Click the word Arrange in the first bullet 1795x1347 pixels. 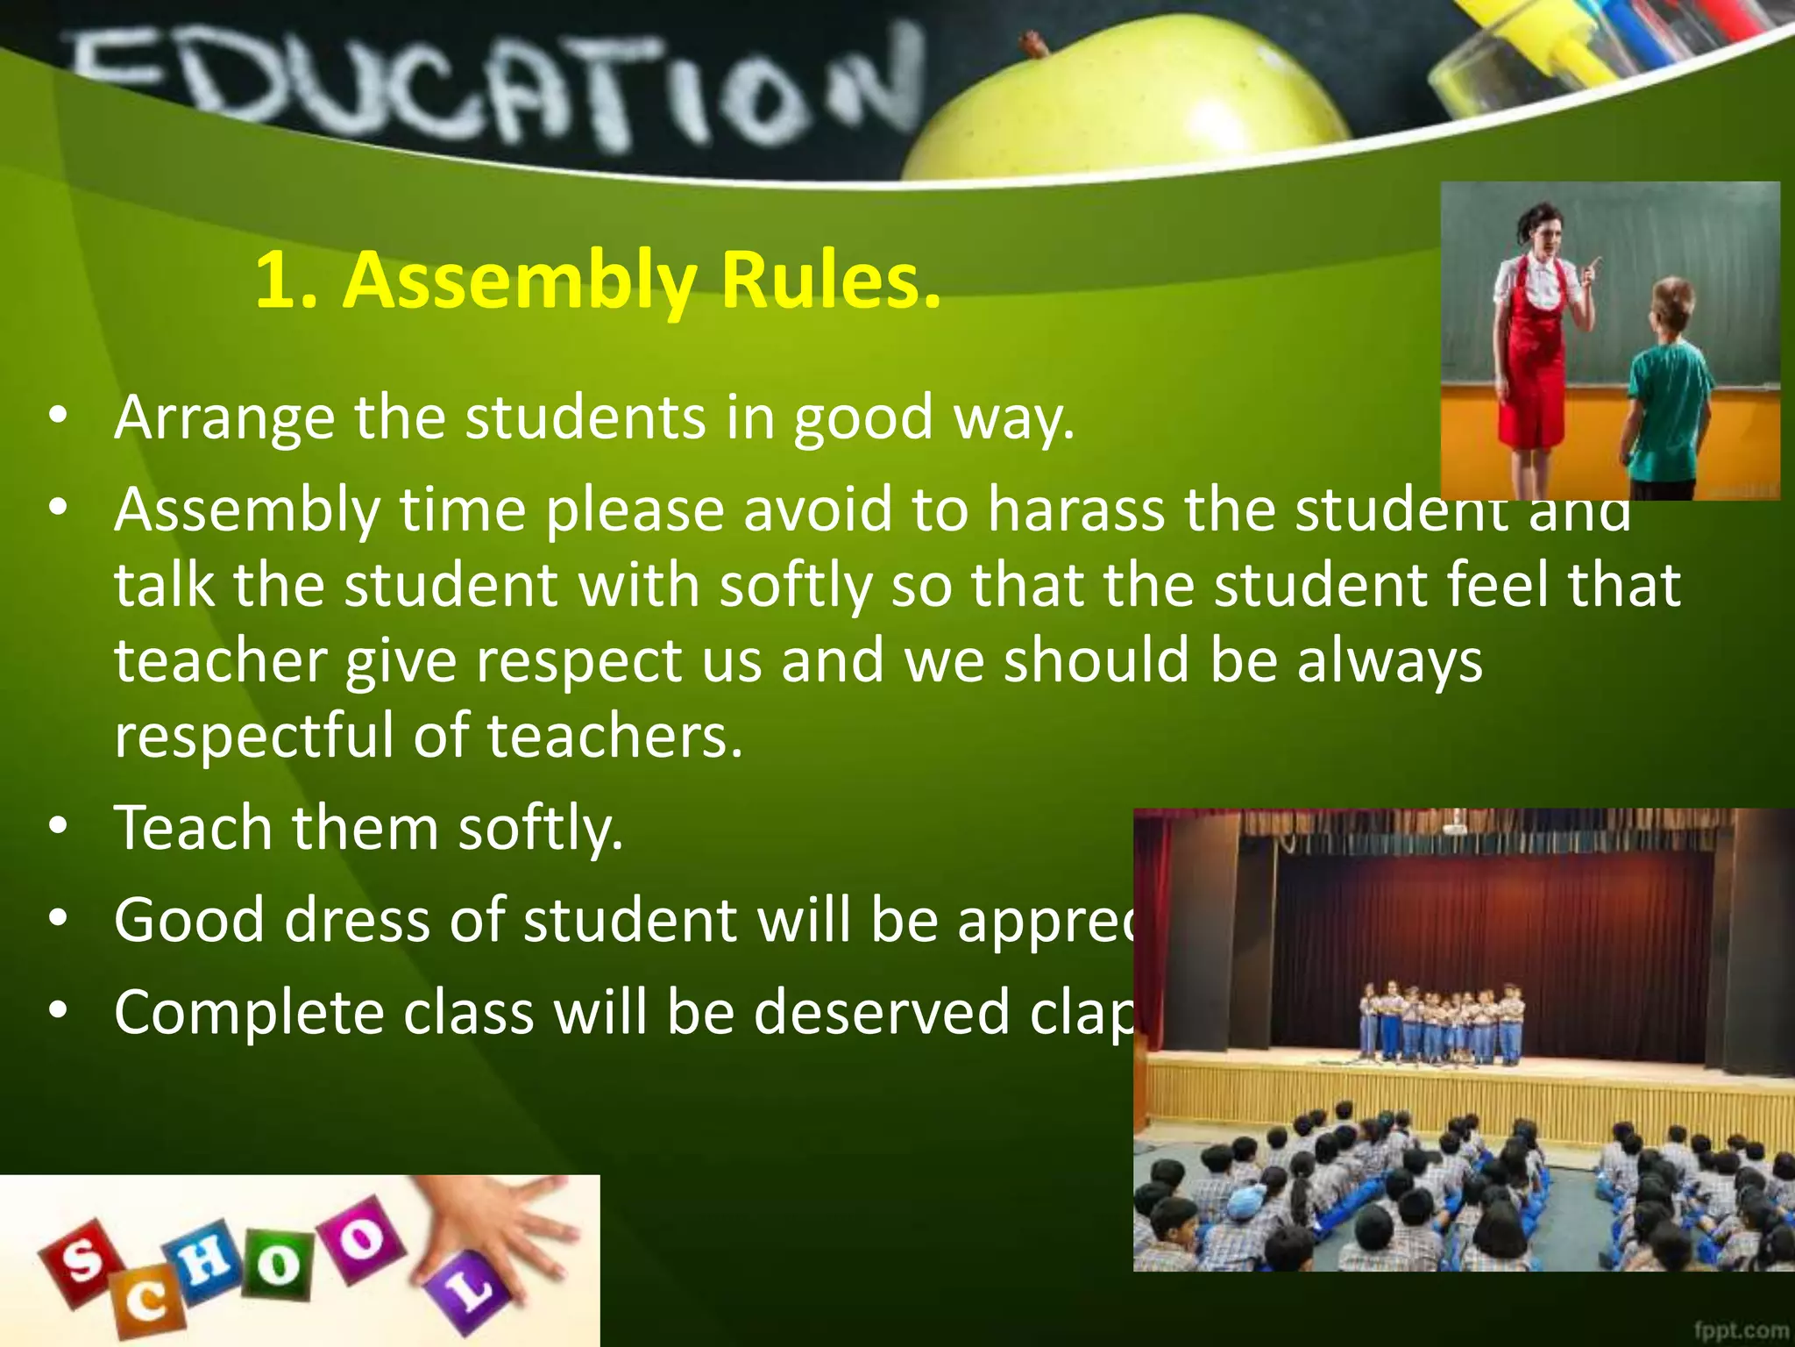pos(223,419)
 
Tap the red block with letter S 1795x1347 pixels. pos(81,1263)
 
